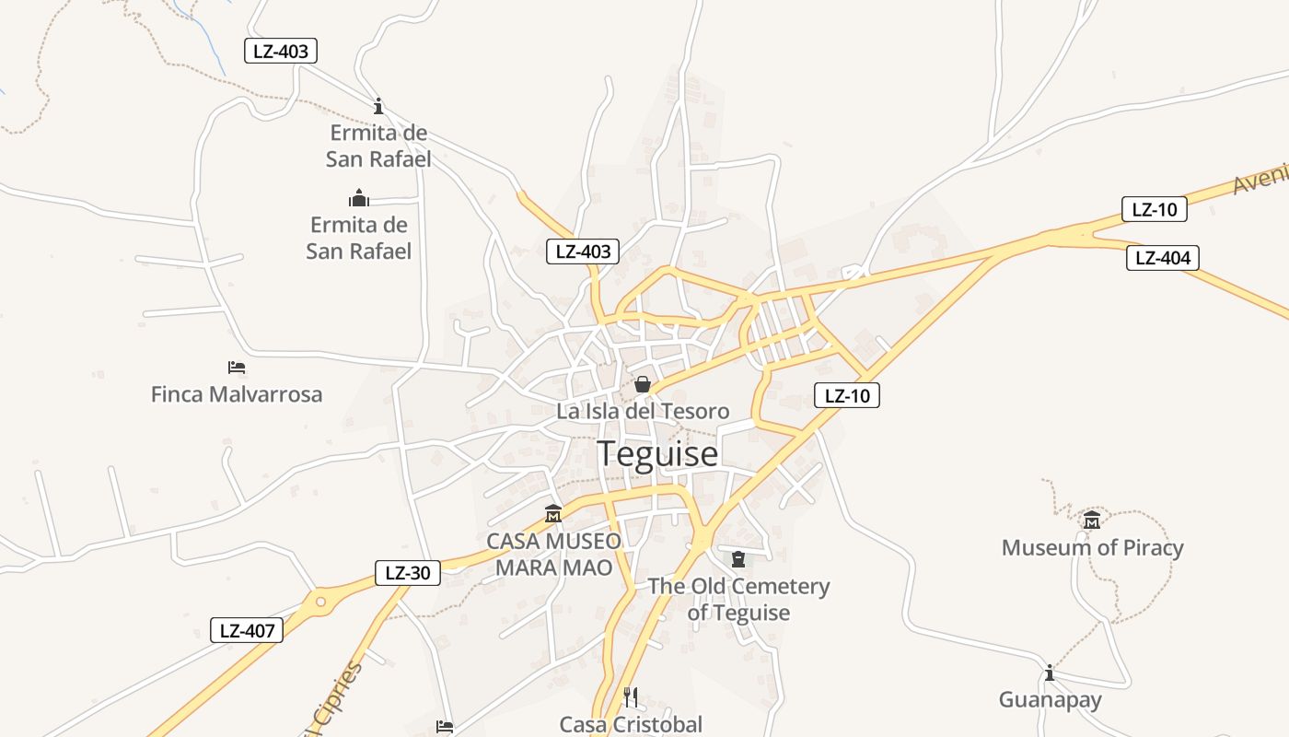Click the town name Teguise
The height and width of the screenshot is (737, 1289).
click(x=657, y=453)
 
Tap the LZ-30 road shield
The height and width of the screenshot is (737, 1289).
click(x=408, y=573)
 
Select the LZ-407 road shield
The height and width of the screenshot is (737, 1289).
click(x=246, y=631)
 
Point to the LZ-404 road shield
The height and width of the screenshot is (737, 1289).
click(x=1163, y=258)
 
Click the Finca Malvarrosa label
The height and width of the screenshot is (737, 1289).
click(x=237, y=395)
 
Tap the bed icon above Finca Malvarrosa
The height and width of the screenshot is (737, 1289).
click(x=237, y=368)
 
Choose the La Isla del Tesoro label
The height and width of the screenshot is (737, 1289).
click(x=643, y=411)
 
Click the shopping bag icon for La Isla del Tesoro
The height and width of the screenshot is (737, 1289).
click(x=643, y=384)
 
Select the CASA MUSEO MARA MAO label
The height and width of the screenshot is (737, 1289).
click(x=553, y=554)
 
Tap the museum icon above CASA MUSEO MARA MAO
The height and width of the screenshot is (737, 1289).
click(x=553, y=513)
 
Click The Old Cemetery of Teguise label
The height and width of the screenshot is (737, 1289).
click(x=738, y=599)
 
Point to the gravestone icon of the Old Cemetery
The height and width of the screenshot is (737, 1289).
click(x=737, y=559)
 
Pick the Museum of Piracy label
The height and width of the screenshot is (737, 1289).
click(x=1092, y=548)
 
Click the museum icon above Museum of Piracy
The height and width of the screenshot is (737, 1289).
click(x=1092, y=521)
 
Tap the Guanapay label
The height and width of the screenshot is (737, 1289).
click(x=1050, y=700)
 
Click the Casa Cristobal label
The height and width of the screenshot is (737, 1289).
click(x=631, y=724)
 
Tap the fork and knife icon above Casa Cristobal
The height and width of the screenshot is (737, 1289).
click(x=631, y=696)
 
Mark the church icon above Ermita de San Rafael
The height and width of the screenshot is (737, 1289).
click(x=358, y=198)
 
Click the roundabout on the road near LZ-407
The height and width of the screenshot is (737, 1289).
click(x=320, y=602)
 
